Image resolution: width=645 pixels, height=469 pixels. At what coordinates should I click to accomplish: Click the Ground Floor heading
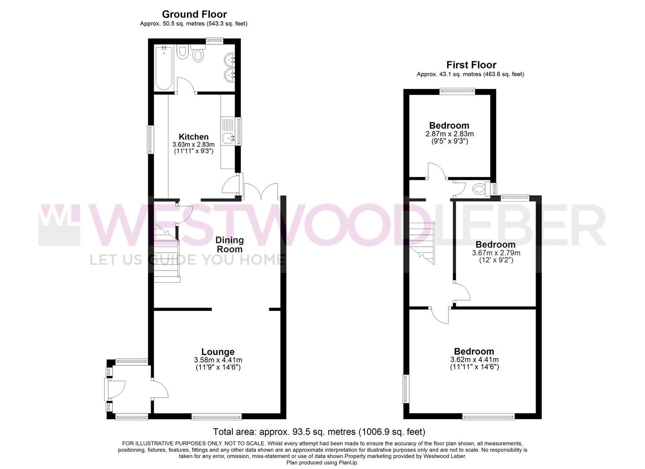[194, 14]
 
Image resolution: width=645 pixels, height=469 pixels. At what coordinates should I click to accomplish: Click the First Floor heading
[471, 65]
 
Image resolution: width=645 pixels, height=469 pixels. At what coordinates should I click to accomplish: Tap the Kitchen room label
[194, 137]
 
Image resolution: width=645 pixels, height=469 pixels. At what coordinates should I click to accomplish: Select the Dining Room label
[230, 244]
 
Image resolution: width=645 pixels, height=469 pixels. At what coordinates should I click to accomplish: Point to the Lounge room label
[218, 352]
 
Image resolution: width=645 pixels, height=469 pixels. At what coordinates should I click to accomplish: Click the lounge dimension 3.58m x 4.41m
[218, 360]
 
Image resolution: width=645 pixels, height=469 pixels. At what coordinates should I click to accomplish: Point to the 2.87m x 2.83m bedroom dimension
[449, 134]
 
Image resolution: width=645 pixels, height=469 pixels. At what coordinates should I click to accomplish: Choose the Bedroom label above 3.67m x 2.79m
[495, 244]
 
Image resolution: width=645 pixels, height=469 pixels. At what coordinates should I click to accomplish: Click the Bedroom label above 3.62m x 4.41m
[474, 351]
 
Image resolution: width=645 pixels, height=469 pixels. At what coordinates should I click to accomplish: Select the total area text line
[319, 432]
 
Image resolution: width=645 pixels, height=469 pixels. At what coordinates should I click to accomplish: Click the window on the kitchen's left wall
[150, 139]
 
